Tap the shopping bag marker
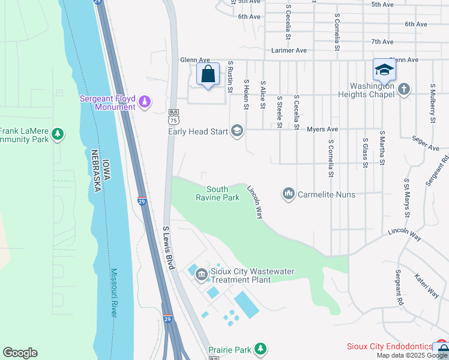208,75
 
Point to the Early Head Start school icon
237,131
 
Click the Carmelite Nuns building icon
288,194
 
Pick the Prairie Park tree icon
260,349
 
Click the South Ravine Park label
218,193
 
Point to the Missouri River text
114,292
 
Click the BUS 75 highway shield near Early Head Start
174,116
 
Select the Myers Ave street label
322,129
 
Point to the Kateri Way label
426,286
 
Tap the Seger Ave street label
426,143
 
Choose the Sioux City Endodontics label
390,347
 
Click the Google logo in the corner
20,353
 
